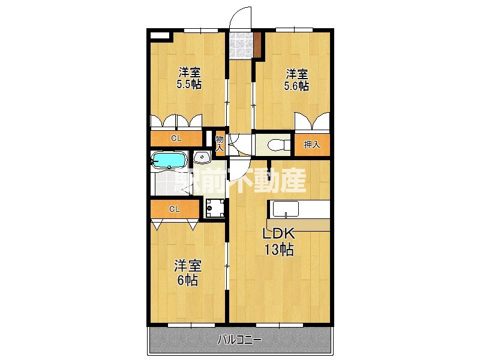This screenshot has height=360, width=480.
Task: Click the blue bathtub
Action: pyautogui.click(x=169, y=160)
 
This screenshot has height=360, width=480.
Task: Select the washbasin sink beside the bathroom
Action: pyautogui.click(x=202, y=158)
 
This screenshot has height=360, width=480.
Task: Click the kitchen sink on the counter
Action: pyautogui.click(x=286, y=209)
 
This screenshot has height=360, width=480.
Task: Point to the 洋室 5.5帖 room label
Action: pyautogui.click(x=189, y=79)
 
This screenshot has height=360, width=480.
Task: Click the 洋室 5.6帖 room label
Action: pyautogui.click(x=296, y=80)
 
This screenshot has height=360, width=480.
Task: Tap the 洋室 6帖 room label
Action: pyautogui.click(x=188, y=273)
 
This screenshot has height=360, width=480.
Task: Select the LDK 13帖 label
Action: pyautogui.click(x=279, y=242)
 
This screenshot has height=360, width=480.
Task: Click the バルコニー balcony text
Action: pyautogui.click(x=239, y=340)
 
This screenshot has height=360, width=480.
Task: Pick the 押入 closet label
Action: pyautogui.click(x=312, y=145)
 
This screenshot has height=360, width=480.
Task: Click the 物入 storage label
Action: pyautogui.click(x=220, y=143)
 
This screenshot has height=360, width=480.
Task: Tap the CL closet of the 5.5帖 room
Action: pyautogui.click(x=176, y=139)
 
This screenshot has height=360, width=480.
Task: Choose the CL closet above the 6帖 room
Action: pyautogui.click(x=175, y=209)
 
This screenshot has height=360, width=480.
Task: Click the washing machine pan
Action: pyautogui.click(x=215, y=208)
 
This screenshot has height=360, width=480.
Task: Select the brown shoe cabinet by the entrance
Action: pyautogui.click(x=257, y=44)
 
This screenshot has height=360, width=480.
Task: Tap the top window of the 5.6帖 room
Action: pyautogui.click(x=294, y=29)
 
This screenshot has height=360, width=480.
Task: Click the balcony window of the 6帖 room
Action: pyautogui.click(x=191, y=325)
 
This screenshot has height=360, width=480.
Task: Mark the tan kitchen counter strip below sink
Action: pyautogui.click(x=298, y=225)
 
